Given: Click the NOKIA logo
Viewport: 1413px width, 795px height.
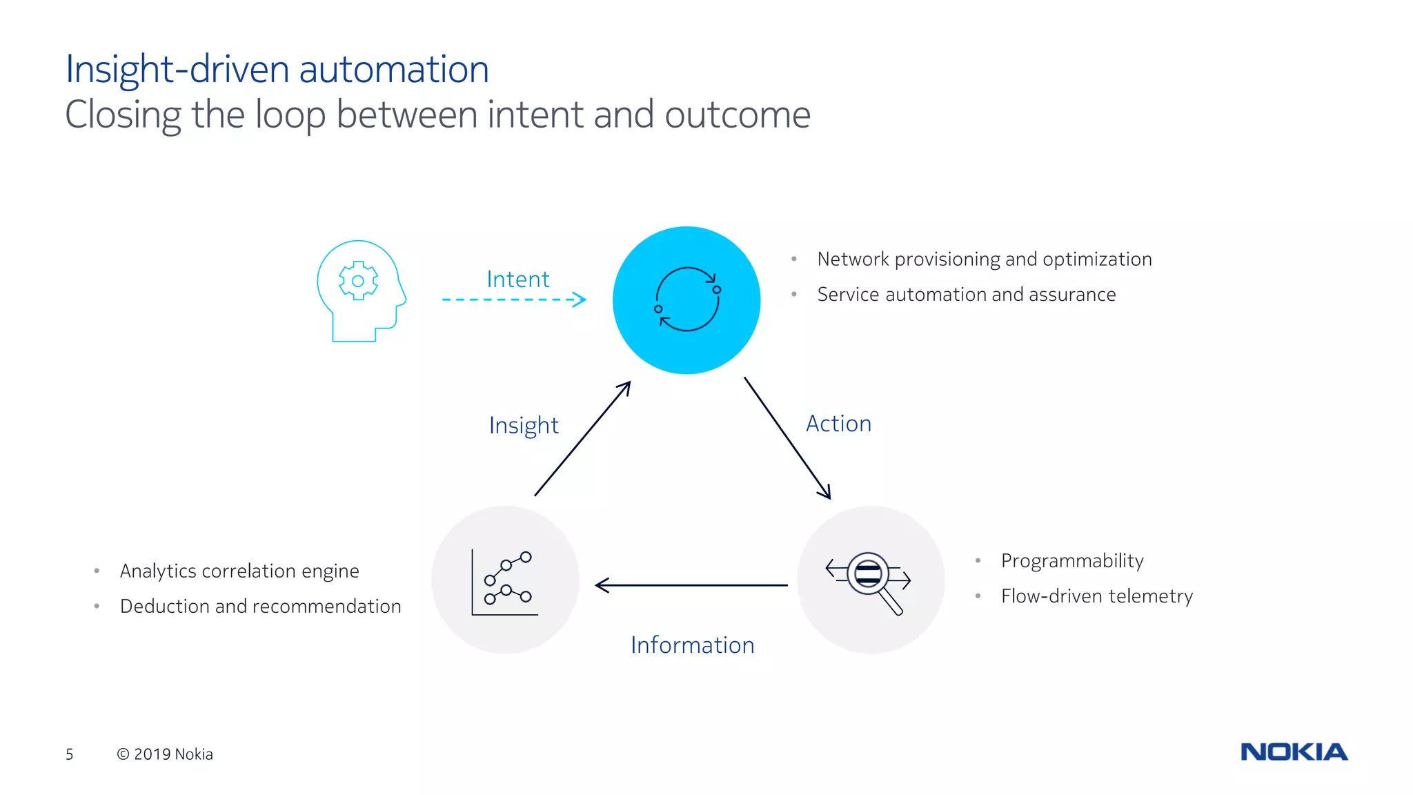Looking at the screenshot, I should pos(1294,752).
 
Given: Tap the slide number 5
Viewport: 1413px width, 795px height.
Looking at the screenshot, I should pos(69,754).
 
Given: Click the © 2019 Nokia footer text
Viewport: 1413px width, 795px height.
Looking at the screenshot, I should pos(165,754).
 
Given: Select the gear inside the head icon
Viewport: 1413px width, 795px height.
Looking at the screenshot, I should pos(358,281).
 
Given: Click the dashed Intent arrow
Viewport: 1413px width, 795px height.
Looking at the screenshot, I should pos(513,300).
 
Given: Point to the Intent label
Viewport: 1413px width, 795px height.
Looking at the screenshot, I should pos(518,279).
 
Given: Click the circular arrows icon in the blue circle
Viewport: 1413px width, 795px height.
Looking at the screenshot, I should pos(687,300).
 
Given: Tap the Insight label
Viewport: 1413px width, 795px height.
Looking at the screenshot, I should pos(524,425).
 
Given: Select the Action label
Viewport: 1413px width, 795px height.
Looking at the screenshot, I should pos(838,424).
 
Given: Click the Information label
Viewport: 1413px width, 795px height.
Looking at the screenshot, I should pos(692,645).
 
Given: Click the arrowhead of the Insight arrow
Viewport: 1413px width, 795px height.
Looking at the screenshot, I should pos(625,387).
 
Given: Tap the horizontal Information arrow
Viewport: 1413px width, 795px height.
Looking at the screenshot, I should pos(690,585).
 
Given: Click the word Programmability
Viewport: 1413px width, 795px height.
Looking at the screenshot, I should pos(1072,560).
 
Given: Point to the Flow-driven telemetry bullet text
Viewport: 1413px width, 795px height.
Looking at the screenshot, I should pos(1096,596).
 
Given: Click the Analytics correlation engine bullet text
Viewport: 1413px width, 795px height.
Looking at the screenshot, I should pos(239,571).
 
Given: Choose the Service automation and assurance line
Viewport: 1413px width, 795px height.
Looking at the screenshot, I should pos(966,295).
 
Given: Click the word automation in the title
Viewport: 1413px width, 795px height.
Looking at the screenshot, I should pos(393,70).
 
